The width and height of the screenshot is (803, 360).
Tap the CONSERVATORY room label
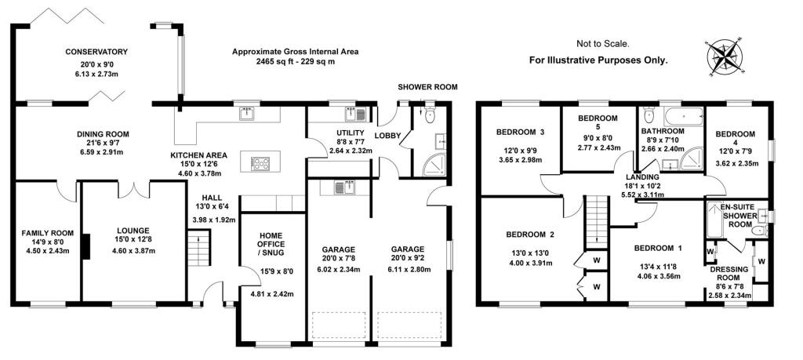[96, 52]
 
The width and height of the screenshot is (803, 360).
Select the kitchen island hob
[260, 163]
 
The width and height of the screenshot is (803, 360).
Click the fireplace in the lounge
[86, 246]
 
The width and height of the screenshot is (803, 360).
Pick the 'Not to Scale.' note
[603, 45]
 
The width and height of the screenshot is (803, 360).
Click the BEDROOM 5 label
[598, 123]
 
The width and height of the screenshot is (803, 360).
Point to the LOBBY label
[388, 136]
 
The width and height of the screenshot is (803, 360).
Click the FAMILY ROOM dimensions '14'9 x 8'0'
[46, 243]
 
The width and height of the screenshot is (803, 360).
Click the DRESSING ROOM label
[730, 274]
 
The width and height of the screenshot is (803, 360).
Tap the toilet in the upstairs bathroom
[648, 116]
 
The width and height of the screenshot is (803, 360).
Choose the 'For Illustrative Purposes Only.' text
[598, 60]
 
